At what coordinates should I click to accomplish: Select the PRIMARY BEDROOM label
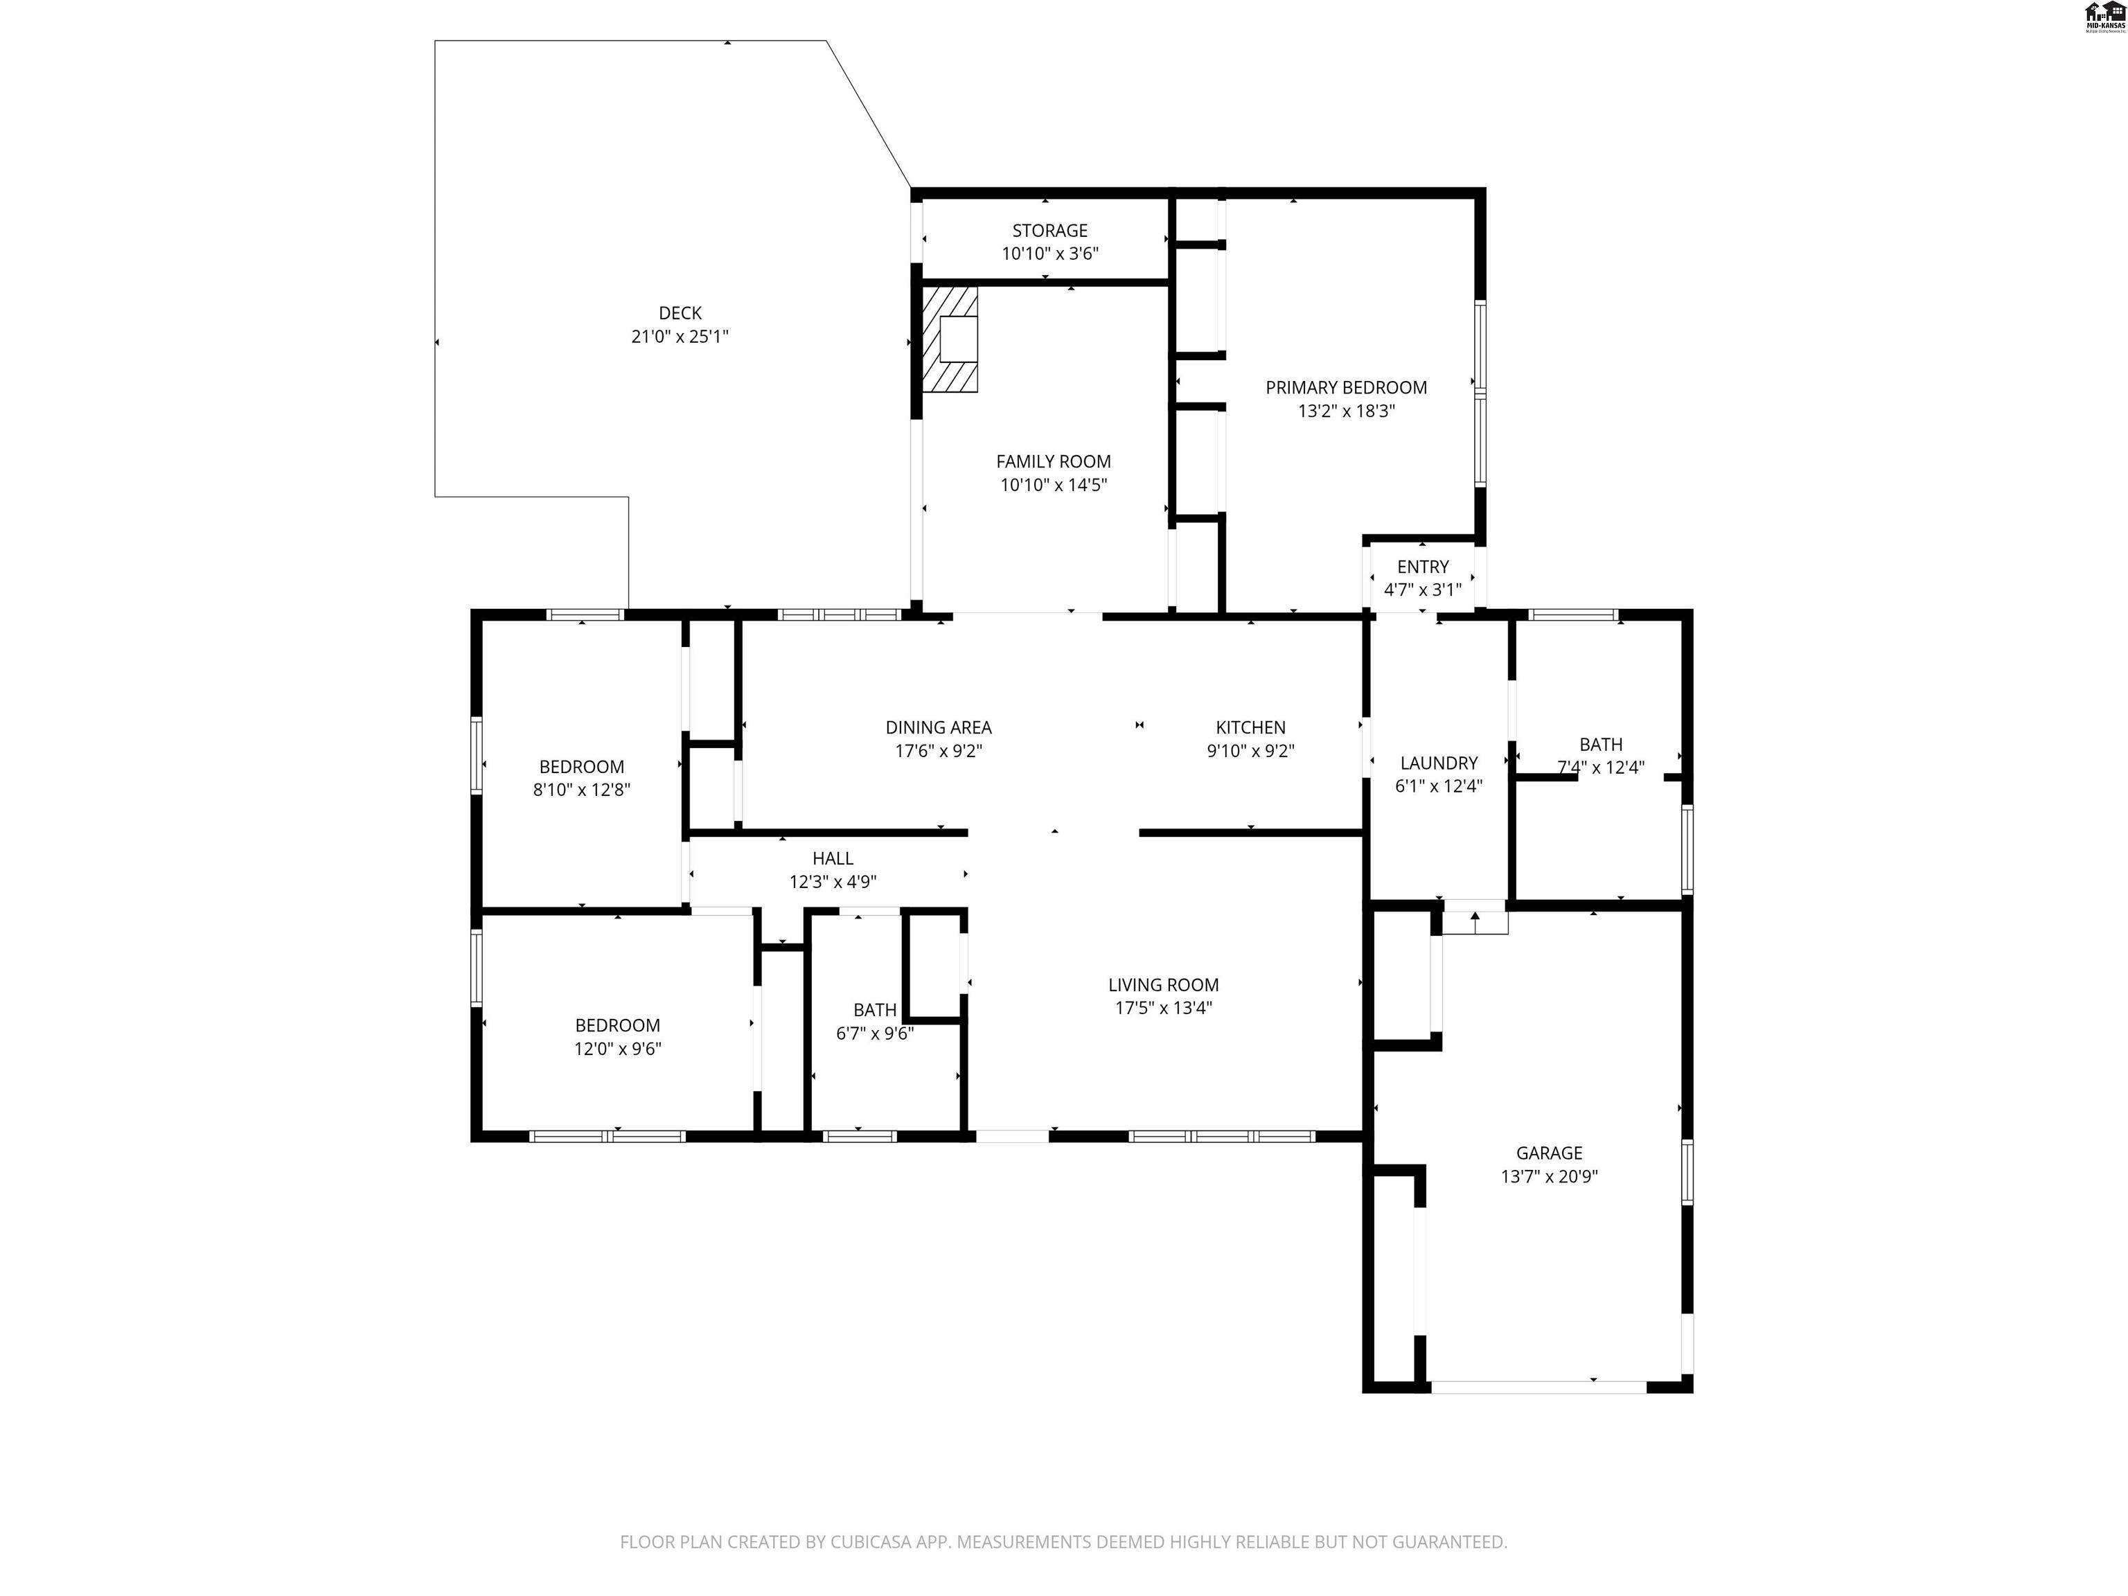point(1345,388)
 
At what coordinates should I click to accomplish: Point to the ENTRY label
point(1422,567)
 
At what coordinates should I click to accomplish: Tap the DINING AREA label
point(938,727)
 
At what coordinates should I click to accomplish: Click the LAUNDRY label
point(1438,763)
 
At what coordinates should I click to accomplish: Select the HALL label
point(832,858)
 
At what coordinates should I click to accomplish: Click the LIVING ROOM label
point(1162,984)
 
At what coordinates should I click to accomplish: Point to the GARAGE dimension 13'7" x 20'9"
point(1548,1176)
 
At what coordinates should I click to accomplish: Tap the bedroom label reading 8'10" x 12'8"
point(581,790)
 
